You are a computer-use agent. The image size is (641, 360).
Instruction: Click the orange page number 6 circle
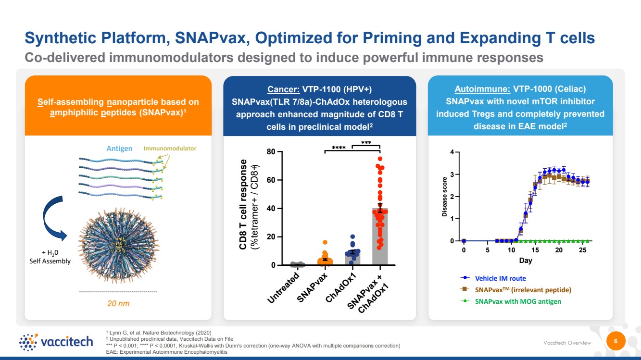click(616, 341)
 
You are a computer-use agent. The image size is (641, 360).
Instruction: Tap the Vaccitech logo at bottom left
click(56, 342)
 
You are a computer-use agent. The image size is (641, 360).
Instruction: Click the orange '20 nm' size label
click(118, 303)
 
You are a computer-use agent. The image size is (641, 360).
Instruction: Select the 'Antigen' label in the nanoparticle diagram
click(119, 149)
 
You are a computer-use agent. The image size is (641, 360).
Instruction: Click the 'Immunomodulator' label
click(170, 148)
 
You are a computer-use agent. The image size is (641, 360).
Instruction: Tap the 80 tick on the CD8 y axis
click(271, 151)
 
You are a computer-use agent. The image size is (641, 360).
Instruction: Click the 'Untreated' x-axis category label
click(283, 287)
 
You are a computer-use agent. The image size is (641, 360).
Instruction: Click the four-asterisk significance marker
click(339, 148)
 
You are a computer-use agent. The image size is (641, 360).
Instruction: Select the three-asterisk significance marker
click(366, 142)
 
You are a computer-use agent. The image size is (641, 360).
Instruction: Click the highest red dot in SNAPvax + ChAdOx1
click(380, 159)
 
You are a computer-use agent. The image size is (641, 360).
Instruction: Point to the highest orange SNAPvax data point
click(325, 242)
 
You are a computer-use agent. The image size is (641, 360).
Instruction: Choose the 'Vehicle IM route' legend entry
click(493, 278)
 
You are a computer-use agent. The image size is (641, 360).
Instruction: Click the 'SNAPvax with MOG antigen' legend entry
click(511, 301)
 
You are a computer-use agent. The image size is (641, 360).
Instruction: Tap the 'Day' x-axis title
click(526, 261)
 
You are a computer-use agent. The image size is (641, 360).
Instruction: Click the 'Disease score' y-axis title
click(444, 197)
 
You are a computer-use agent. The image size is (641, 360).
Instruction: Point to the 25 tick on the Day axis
click(583, 250)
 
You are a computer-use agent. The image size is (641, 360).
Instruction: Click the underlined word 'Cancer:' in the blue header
click(283, 89)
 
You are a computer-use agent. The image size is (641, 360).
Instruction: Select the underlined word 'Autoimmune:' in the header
click(482, 89)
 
